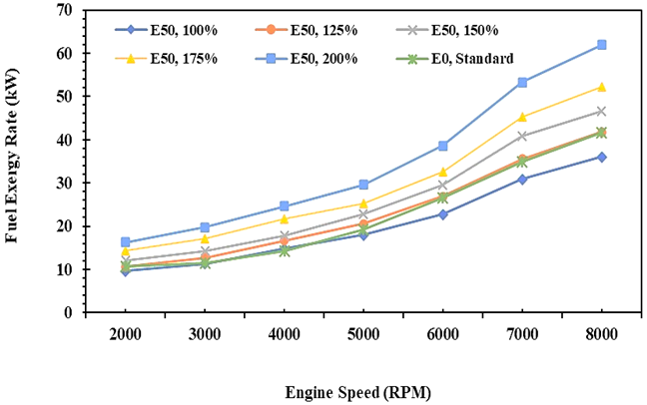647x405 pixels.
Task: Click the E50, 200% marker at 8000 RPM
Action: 602,45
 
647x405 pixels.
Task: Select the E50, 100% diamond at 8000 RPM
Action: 602,157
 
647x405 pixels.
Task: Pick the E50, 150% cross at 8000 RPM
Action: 602,111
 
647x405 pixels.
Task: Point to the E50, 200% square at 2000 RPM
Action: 126,242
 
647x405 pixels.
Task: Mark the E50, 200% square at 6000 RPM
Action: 443,146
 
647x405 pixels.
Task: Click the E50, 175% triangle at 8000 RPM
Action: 602,87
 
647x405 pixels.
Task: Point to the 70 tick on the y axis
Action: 65,10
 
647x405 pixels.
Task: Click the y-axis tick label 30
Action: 65,184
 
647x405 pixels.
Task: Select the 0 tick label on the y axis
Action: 69,313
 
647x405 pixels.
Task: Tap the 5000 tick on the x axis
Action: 363,335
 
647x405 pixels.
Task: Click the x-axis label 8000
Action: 602,335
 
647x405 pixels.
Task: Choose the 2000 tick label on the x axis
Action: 126,335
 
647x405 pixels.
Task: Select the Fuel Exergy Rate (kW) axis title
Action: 14,161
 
